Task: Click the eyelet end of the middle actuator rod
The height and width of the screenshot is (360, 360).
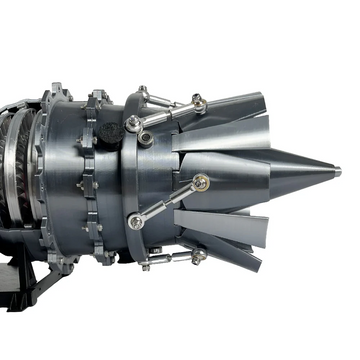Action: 202,182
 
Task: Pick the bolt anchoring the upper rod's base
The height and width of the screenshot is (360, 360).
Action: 133,123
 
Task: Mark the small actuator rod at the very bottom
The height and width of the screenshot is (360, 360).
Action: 170,259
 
